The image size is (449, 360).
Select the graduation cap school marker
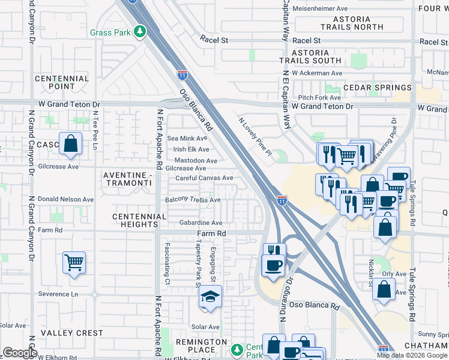tap(210, 296)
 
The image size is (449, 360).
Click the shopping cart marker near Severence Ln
tap(74, 262)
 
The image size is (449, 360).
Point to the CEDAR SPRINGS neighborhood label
tap(377, 88)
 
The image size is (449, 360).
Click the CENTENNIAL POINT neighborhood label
tap(62, 83)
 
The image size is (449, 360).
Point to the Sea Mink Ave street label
tap(187, 139)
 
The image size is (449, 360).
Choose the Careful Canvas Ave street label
tap(204, 178)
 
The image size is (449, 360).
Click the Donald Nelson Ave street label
tap(65, 199)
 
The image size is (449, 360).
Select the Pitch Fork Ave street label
tap(319, 97)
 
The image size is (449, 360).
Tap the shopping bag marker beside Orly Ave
tap(384, 289)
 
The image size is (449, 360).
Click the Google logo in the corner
tap(19, 353)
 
